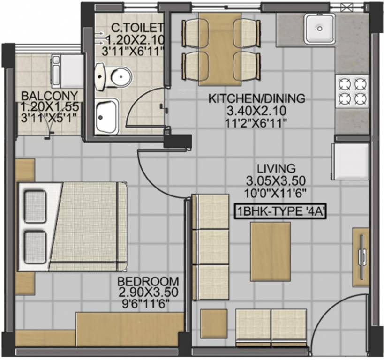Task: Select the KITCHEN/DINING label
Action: pyautogui.click(x=256, y=98)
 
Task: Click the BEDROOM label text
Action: pyautogui.click(x=148, y=281)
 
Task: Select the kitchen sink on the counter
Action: pyautogui.click(x=319, y=29)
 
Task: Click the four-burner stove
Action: pyautogui.click(x=352, y=91)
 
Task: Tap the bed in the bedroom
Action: pyautogui.click(x=73, y=226)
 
